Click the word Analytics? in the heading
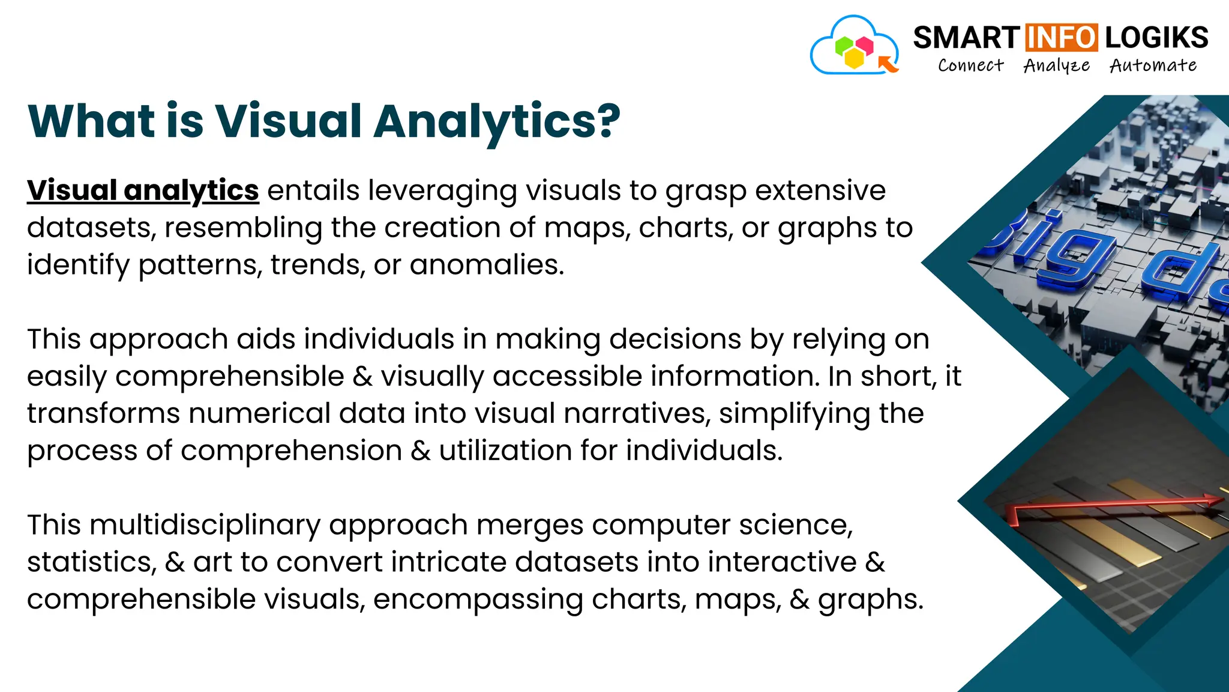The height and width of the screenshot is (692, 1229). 497,122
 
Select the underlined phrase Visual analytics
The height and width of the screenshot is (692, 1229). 143,190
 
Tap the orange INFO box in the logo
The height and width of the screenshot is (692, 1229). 1062,38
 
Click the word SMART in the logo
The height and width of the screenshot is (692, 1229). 966,38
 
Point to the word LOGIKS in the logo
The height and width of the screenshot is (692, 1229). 1156,38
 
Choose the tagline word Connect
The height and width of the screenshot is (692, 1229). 970,65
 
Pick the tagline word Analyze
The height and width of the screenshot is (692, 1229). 1056,65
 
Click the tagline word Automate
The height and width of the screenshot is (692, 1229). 1153,65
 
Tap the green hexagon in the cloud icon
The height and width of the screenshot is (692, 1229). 844,46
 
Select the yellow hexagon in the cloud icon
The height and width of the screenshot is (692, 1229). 854,58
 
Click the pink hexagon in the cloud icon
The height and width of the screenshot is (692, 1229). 864,45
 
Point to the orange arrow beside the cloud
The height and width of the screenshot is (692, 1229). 888,63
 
